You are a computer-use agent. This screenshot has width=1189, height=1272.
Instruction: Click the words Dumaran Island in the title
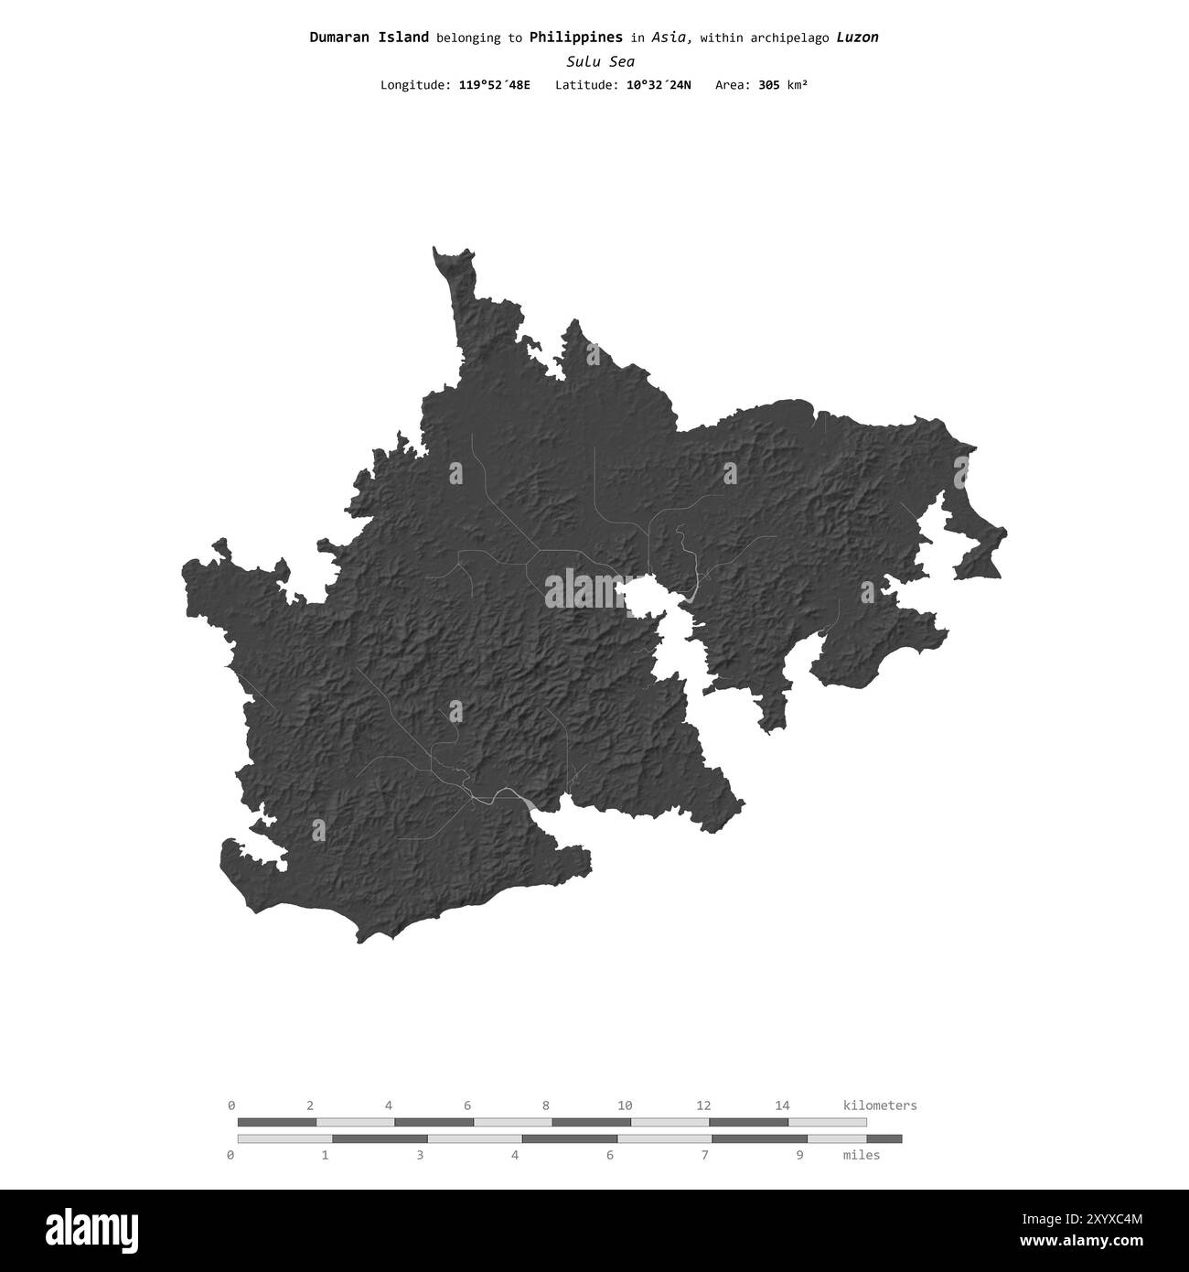click(x=369, y=38)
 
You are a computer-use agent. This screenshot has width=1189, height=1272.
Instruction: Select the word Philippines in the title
click(x=575, y=38)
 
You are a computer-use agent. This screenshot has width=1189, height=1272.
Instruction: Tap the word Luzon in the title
click(x=857, y=38)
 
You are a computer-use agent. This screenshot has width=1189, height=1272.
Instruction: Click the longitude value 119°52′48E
click(x=494, y=85)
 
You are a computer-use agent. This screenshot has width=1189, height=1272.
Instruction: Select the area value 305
click(x=770, y=85)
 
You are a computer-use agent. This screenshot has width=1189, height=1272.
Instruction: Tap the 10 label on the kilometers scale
click(x=625, y=1105)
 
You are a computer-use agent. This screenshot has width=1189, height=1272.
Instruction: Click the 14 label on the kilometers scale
click(x=782, y=1105)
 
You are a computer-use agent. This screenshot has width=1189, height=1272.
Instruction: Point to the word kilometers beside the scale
click(x=879, y=1105)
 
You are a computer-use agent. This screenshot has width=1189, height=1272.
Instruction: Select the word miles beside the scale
click(x=861, y=1155)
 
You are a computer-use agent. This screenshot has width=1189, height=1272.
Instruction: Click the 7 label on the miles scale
click(x=704, y=1155)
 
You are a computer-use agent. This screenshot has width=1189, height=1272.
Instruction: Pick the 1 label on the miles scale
click(x=325, y=1155)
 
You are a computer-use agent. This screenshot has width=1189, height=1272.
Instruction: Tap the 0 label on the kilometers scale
click(x=231, y=1105)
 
